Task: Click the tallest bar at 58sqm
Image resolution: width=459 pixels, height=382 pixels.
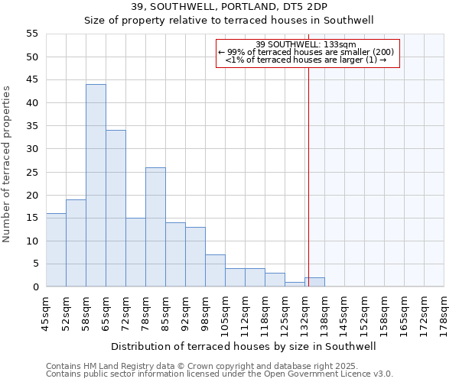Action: [96, 186]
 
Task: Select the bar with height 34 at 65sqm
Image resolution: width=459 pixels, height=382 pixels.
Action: [116, 209]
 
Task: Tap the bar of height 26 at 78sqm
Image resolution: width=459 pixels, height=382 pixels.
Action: [155, 227]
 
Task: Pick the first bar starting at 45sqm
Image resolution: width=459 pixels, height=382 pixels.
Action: [56, 250]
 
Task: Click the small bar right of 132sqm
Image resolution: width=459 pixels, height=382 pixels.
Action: [314, 282]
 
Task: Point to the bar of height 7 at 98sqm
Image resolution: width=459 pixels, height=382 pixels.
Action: [215, 270]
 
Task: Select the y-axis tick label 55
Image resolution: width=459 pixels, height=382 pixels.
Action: [31, 34]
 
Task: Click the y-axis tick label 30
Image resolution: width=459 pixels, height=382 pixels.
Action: [31, 149]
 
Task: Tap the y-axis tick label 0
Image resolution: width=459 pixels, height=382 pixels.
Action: [34, 287]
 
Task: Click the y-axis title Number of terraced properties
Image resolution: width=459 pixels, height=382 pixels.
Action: [7, 164]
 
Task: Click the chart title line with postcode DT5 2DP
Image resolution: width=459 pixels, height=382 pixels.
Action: [229, 7]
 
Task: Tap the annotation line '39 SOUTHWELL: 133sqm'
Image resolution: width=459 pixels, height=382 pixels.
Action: [306, 44]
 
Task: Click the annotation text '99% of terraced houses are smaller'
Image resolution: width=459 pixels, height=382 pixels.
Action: [306, 52]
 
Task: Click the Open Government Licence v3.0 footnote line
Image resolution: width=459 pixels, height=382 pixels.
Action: [220, 374]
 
